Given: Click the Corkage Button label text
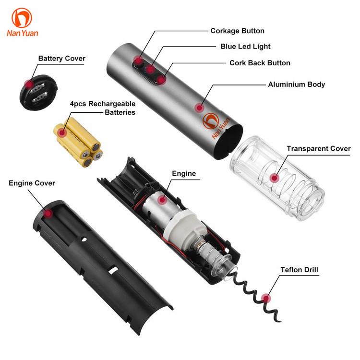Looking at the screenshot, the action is point(237,31).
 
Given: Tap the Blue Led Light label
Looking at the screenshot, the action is point(245,47).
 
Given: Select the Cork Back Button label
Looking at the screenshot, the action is point(260,63).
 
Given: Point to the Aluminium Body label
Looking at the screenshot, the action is point(297,84).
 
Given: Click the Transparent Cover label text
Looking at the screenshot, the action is point(318,148).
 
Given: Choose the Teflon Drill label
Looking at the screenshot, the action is point(299,270).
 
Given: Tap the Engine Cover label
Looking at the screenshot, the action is point(32,183).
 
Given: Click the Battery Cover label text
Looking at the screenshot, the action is point(62,58).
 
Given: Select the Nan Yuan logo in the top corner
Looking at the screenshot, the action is point(22,22).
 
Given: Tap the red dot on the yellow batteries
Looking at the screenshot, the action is point(61,132).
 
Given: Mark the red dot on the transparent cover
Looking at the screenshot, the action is point(274,178).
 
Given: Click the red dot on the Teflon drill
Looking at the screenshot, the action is point(266,299).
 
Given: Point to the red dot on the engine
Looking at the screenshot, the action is point(162,200).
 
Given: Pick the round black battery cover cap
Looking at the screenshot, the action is point(38,93).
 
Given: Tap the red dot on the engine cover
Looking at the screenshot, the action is point(48,214).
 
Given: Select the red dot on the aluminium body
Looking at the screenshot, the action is point(199,108).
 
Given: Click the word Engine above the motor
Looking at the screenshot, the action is point(184,174).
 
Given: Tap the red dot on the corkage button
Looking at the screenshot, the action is point(138,61).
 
